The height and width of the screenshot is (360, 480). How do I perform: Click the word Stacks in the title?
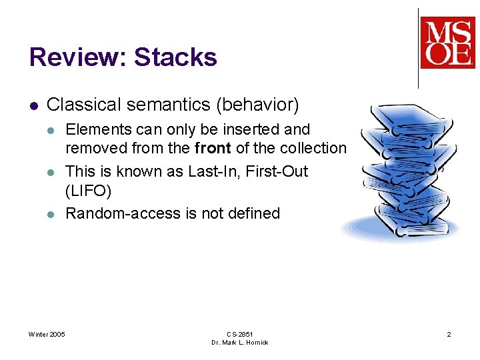click(x=175, y=57)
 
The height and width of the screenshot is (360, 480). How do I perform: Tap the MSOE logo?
click(x=447, y=43)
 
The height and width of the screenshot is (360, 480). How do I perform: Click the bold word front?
click(x=212, y=149)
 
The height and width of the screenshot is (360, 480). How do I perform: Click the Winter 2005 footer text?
click(x=47, y=334)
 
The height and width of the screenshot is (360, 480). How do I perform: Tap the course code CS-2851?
click(x=240, y=334)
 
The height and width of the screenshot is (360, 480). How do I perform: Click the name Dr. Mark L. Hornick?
click(x=240, y=343)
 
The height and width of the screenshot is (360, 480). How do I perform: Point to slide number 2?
click(x=449, y=334)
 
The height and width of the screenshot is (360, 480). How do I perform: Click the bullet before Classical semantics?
click(x=33, y=105)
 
